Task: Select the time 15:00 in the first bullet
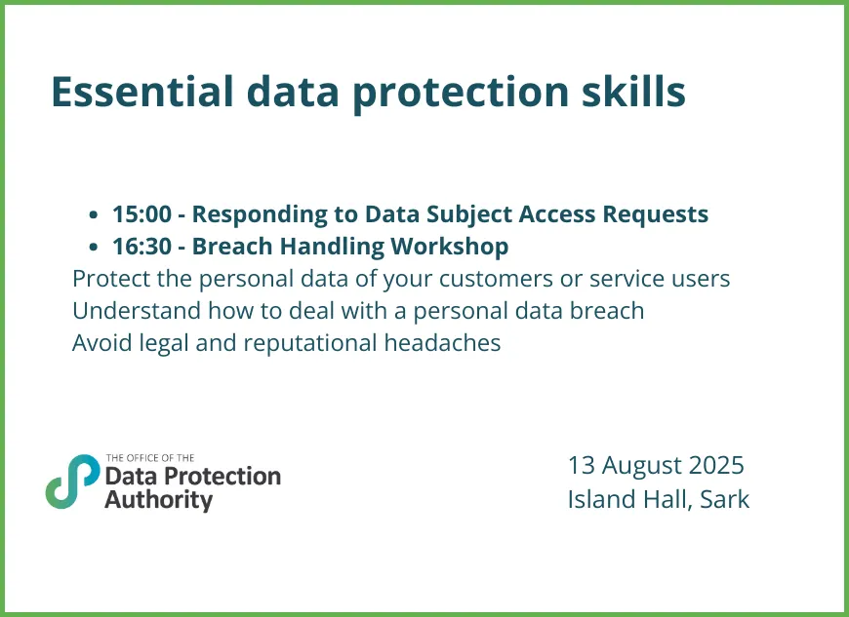(140, 213)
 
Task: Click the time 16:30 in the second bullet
(140, 246)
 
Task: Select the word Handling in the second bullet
(328, 246)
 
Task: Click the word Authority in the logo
(158, 500)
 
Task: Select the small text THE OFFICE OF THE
(150, 457)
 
